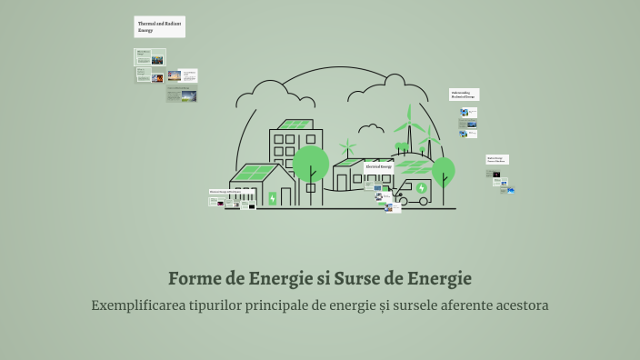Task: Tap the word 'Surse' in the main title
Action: point(358,277)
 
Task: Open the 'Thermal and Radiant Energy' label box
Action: point(160,27)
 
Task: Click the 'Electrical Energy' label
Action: point(378,167)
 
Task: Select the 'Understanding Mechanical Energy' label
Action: point(464,94)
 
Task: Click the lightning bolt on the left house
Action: point(272,197)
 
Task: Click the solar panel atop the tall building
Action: point(295,125)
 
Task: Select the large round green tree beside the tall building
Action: point(311,165)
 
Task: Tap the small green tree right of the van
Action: point(443,170)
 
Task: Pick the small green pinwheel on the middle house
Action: point(346,146)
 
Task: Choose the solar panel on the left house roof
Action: point(254,172)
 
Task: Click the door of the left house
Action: point(287,196)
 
